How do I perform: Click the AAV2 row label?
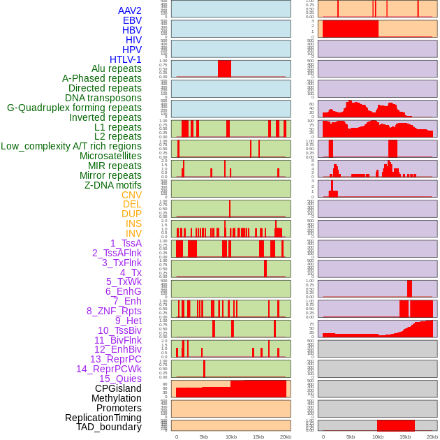coord(129,10)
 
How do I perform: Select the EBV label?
coord(132,20)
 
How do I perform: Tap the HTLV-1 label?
coord(126,59)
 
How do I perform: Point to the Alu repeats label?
coord(116,68)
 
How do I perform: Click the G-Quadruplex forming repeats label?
coord(74,108)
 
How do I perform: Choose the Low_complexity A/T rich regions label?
coord(71,146)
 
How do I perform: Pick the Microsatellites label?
coord(110,156)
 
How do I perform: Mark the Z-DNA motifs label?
coord(113,185)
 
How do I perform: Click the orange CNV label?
coord(131,195)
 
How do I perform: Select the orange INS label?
coord(133,223)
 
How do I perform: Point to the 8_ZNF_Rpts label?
coord(114,311)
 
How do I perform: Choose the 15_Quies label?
coord(119,379)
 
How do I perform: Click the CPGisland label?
coord(118,388)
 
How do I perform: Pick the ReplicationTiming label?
coord(103,418)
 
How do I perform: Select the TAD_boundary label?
coord(108,427)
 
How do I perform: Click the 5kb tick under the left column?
coord(204,437)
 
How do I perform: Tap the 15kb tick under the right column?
coord(404,437)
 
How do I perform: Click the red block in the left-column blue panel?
coord(224,68)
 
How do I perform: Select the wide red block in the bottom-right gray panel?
coord(396,425)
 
